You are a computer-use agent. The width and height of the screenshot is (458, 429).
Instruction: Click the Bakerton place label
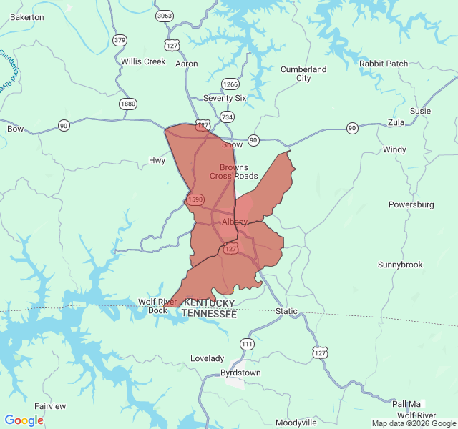27,16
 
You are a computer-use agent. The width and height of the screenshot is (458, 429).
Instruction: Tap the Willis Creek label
143,61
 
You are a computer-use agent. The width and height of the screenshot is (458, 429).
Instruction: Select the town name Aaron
187,64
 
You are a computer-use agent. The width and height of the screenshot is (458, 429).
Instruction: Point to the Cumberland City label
303,74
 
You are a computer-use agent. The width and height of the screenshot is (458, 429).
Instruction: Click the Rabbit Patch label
384,64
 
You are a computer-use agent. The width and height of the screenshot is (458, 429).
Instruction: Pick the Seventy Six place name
224,98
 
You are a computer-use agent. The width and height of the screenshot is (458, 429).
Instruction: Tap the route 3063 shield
165,15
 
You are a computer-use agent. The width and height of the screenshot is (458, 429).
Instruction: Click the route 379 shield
120,39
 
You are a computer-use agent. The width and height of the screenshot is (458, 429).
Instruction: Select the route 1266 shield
230,84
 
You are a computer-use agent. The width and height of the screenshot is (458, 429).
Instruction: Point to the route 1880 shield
128,104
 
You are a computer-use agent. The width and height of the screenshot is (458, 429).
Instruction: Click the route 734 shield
227,117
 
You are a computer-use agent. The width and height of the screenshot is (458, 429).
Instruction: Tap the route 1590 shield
195,199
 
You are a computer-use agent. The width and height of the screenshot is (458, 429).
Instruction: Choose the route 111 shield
247,344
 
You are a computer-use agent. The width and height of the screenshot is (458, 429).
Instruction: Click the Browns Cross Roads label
234,172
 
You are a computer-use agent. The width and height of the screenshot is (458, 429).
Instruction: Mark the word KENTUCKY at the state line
209,303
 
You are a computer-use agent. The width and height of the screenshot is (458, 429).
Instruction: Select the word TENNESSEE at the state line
209,314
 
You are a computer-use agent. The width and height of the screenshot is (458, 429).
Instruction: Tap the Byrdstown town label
240,373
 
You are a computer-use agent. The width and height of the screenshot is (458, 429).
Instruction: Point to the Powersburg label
411,204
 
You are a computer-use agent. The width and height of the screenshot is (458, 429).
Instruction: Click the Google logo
24,420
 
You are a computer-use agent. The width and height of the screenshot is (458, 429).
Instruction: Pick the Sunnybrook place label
400,265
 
